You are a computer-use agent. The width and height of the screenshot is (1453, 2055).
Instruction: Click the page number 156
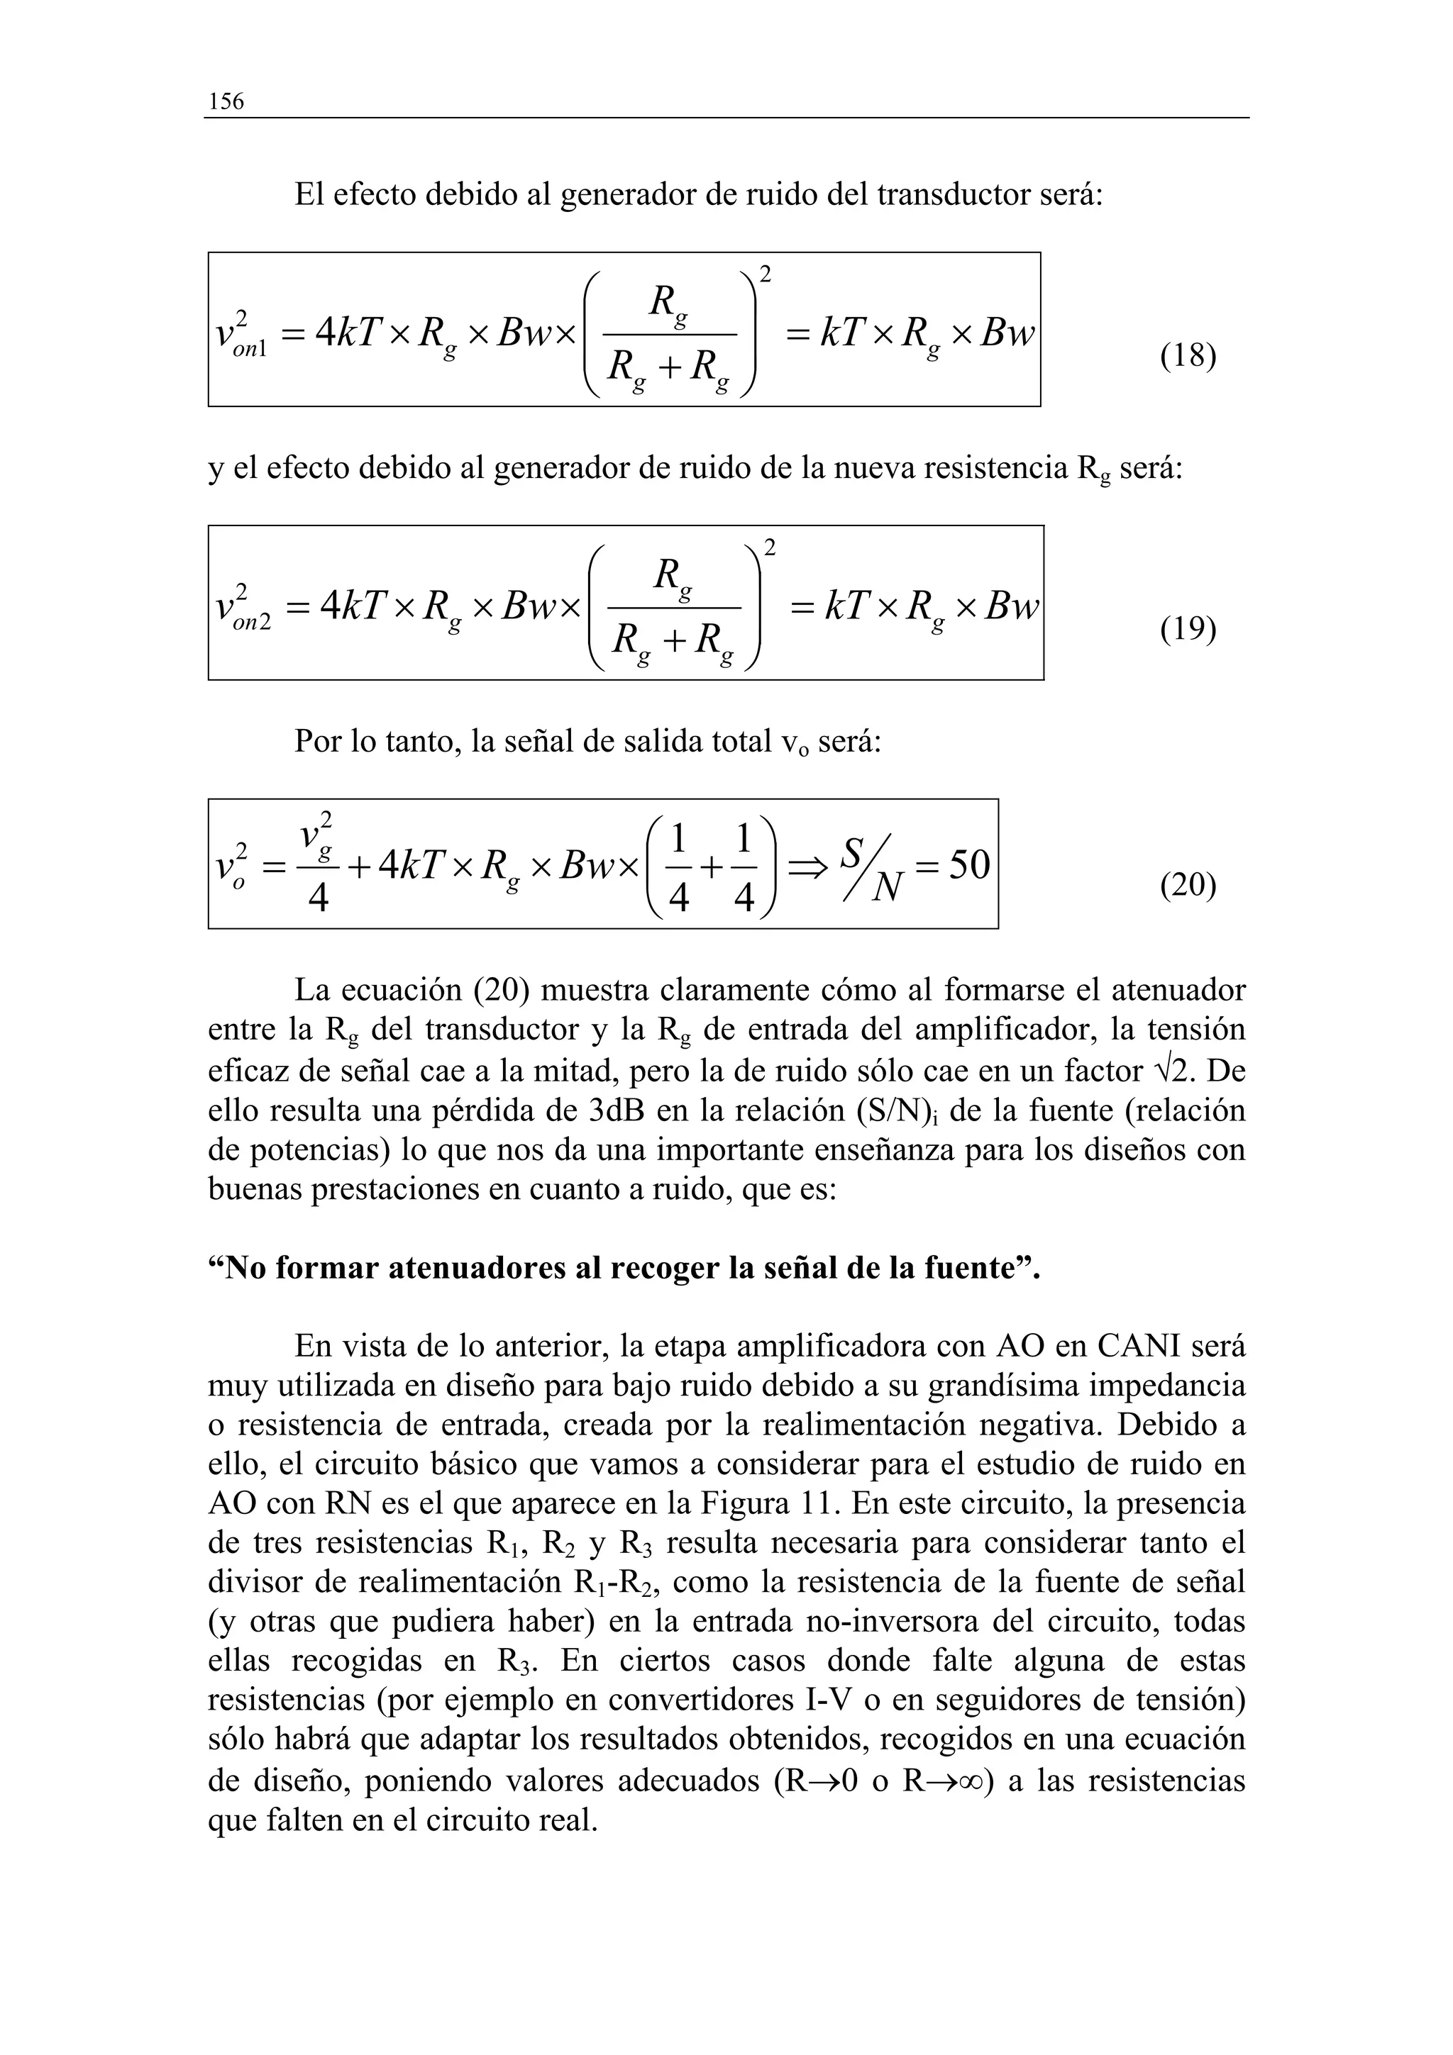[x=226, y=101]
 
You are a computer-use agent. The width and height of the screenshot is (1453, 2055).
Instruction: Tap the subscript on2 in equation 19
[x=252, y=623]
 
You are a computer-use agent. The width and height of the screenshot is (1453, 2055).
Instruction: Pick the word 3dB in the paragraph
[x=618, y=1110]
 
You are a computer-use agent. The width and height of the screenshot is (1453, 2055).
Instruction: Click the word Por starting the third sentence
[x=319, y=741]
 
